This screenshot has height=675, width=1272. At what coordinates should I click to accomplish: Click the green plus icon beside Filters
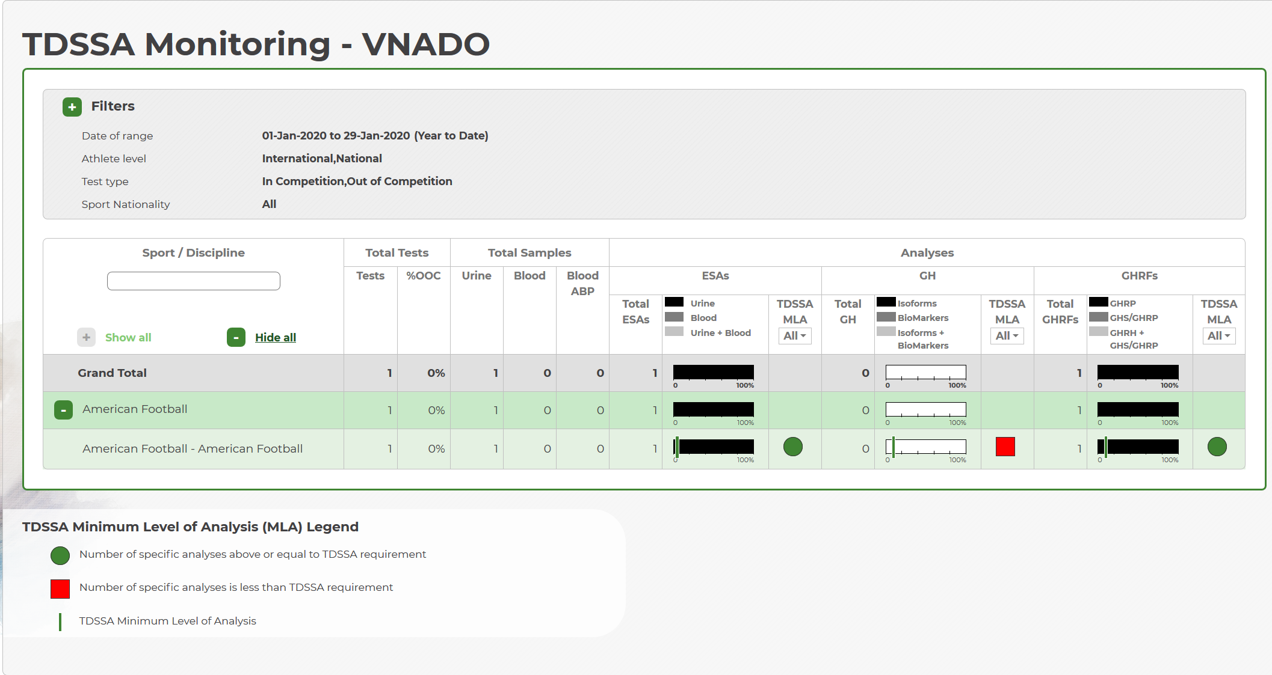pyautogui.click(x=72, y=107)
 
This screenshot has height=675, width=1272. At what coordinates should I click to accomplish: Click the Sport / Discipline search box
pyautogui.click(x=194, y=281)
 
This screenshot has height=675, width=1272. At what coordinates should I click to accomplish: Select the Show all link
pyautogui.click(x=128, y=337)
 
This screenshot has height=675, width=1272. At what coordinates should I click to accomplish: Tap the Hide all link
pyautogui.click(x=276, y=337)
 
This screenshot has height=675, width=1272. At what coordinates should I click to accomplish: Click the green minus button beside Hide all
pyautogui.click(x=236, y=337)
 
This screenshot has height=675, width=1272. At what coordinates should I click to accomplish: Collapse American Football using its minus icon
pyautogui.click(x=63, y=410)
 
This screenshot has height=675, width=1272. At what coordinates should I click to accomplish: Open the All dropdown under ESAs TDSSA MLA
pyautogui.click(x=795, y=336)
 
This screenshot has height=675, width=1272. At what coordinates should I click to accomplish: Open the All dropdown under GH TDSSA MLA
pyautogui.click(x=1007, y=336)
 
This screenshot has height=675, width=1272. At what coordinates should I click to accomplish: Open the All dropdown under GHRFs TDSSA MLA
pyautogui.click(x=1219, y=336)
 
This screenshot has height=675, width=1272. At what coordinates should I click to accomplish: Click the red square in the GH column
pyautogui.click(x=1005, y=447)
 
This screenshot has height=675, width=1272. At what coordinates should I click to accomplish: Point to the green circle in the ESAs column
pyautogui.click(x=793, y=447)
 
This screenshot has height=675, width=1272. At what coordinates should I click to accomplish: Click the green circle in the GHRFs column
pyautogui.click(x=1217, y=447)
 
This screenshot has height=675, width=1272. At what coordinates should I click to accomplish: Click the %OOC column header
pyautogui.click(x=424, y=276)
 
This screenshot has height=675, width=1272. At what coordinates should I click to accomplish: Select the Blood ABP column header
pyautogui.click(x=582, y=283)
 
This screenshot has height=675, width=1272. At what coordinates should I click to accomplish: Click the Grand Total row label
pyautogui.click(x=112, y=373)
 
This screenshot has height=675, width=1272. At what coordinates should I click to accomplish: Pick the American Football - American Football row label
pyautogui.click(x=193, y=448)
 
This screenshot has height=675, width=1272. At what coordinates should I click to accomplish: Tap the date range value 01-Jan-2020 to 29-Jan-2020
pyautogui.click(x=336, y=136)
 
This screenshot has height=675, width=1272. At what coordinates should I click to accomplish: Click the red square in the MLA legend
pyautogui.click(x=60, y=589)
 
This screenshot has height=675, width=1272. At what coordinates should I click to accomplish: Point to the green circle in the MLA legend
pyautogui.click(x=60, y=556)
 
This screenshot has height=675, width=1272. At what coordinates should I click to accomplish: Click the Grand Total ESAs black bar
pyautogui.click(x=714, y=372)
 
